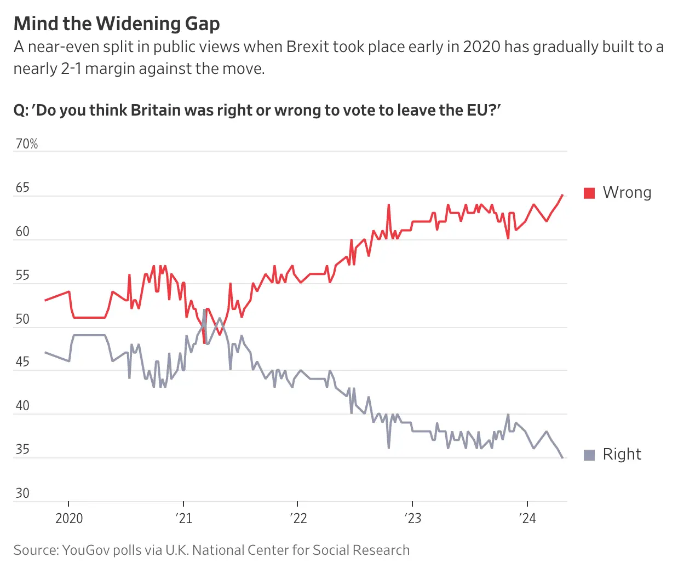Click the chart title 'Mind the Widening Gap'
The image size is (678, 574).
point(117,24)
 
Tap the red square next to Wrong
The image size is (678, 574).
point(589,193)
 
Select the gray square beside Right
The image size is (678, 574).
point(589,455)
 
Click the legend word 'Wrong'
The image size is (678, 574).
point(627,193)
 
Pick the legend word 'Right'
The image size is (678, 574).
point(622,455)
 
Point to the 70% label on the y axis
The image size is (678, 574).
point(27,144)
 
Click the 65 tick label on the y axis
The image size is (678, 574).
point(22,188)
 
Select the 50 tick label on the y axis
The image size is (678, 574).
point(22,319)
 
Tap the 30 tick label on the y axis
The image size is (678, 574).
point(22,493)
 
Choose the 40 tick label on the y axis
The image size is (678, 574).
point(22,406)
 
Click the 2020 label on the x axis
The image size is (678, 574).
point(69,518)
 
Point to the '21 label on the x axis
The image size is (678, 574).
point(184,518)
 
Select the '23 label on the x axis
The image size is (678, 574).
point(413,518)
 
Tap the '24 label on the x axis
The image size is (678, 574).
point(527,518)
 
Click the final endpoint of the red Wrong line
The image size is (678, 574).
point(562,195)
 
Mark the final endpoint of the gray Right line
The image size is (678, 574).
point(562,457)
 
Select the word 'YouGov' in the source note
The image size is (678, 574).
point(86,550)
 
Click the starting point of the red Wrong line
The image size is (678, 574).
point(45,300)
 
